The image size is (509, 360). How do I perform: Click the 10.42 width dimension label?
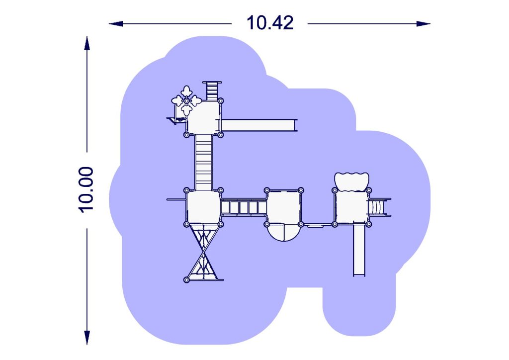point(270,23)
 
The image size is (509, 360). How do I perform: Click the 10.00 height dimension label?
point(86,189)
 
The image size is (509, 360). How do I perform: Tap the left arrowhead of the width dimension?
point(115,24)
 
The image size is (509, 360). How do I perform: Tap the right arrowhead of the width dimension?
point(424,24)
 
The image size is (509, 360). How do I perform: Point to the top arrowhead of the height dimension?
point(86,43)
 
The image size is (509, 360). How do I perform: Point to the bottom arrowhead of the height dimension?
point(86,338)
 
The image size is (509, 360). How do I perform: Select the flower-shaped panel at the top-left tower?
point(186,100)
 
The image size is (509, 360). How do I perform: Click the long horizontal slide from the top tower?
point(258,125)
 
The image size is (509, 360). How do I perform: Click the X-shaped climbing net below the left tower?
point(204,252)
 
